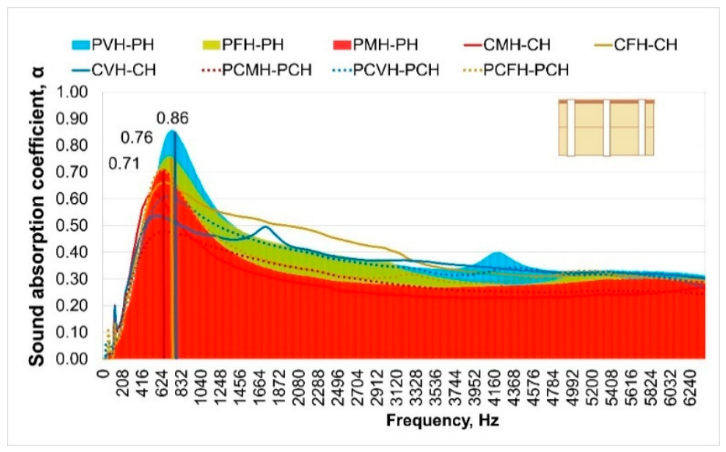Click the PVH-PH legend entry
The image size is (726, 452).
(x=113, y=45)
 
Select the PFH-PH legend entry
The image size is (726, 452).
(x=244, y=45)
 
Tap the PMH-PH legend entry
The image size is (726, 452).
(x=376, y=45)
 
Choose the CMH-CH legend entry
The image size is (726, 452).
(x=507, y=45)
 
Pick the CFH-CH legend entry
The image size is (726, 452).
(x=637, y=45)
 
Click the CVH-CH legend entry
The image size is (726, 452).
(x=114, y=70)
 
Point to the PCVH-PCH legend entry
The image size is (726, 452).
(x=386, y=70)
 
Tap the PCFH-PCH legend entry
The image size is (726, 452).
(x=516, y=70)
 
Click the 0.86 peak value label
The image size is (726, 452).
(x=172, y=118)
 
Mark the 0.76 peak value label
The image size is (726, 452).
(x=137, y=138)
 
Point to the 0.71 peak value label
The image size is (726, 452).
(x=124, y=164)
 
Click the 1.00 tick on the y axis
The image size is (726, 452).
(x=72, y=92)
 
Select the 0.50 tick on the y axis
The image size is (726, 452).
(x=72, y=226)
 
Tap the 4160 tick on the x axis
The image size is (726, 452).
(x=494, y=380)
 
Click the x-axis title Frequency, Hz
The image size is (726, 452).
(x=442, y=421)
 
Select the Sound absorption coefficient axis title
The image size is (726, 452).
(x=37, y=215)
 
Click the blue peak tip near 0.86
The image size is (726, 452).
(x=173, y=131)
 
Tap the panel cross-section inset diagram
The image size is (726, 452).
(x=606, y=128)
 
